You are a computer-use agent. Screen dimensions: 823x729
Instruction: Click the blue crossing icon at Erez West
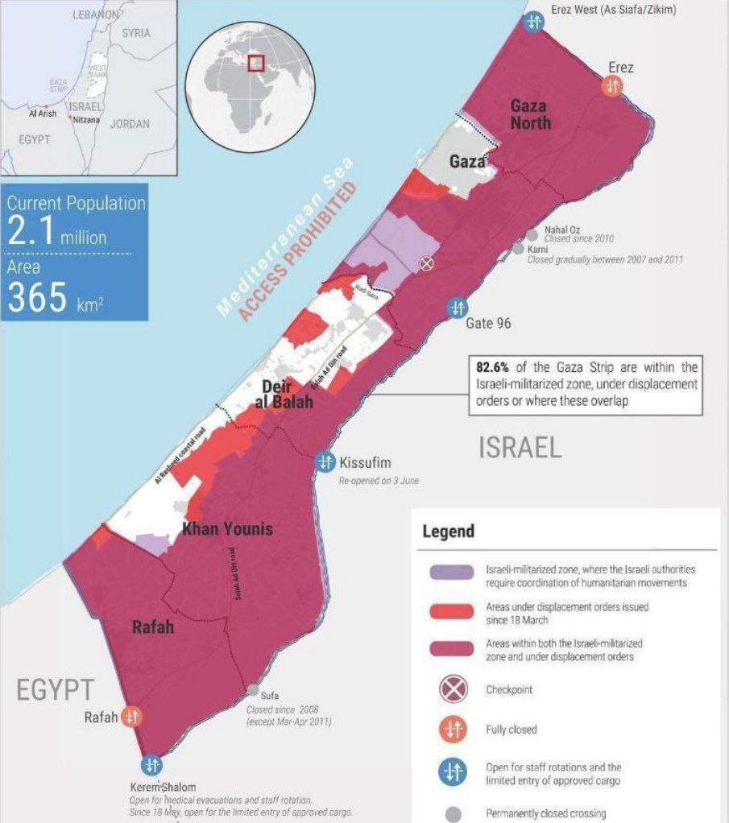[x=532, y=23]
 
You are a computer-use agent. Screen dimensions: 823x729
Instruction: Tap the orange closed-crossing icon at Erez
[x=612, y=85]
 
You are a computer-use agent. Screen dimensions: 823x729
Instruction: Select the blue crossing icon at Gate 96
[x=457, y=308]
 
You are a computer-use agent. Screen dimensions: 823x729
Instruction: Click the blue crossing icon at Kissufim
[x=325, y=462]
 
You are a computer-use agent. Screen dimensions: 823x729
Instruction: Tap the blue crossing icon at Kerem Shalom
[x=151, y=764]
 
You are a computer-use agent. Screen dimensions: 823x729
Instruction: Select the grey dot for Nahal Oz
[x=532, y=234]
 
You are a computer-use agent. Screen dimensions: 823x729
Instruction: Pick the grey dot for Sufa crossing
[x=253, y=690]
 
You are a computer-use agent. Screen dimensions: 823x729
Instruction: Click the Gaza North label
[x=528, y=114]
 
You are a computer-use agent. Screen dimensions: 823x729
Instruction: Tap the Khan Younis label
[x=227, y=529]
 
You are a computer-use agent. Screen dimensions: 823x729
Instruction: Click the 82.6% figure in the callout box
[x=493, y=367]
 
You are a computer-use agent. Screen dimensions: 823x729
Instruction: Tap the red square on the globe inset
[x=256, y=63]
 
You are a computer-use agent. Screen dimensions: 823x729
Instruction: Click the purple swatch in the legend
[x=452, y=572]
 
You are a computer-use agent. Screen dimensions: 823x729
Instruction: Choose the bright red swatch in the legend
[x=452, y=612]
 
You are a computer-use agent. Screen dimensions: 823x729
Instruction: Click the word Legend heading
[x=448, y=531]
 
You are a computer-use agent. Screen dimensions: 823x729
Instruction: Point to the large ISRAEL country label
[x=520, y=448]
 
